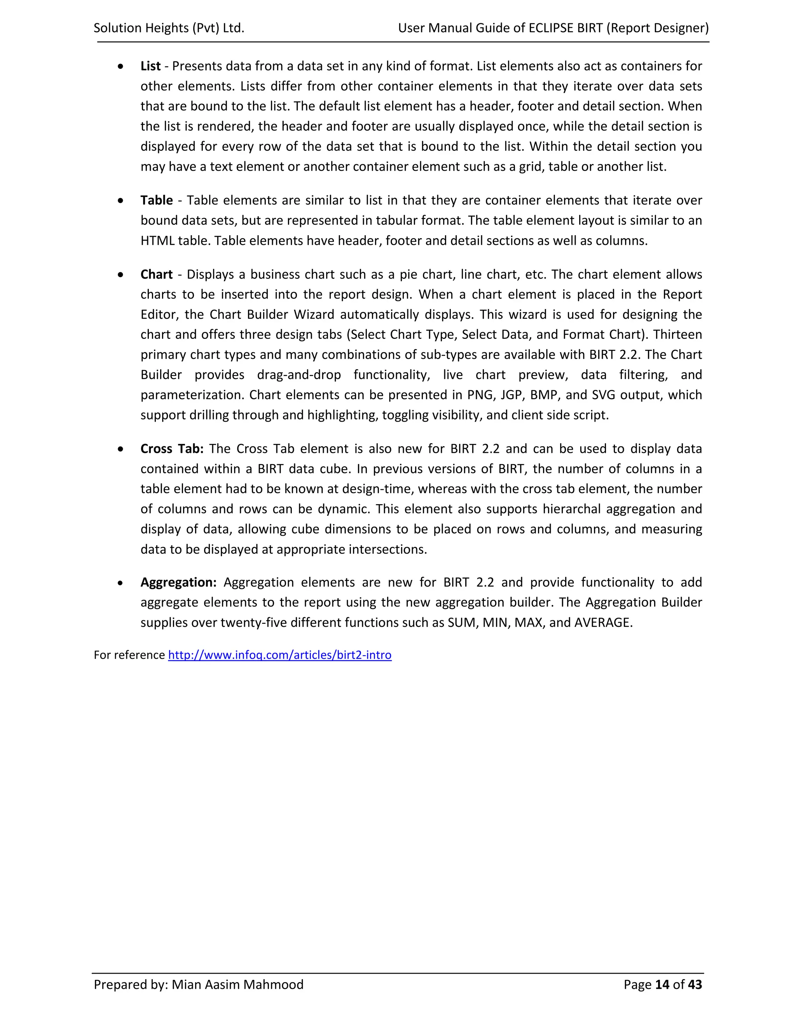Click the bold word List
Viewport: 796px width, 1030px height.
click(x=150, y=66)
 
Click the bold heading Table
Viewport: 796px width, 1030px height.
click(x=157, y=201)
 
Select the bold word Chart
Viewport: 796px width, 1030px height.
click(x=157, y=274)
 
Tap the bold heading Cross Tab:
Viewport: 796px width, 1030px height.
click(x=172, y=449)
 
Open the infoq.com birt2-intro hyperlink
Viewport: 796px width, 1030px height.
click(x=279, y=655)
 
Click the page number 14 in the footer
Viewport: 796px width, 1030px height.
click(x=662, y=985)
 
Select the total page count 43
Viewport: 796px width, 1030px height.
click(x=695, y=985)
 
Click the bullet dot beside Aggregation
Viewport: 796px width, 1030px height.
click(x=121, y=583)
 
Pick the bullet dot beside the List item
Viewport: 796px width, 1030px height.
click(x=121, y=67)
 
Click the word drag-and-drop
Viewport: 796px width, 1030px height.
click(x=298, y=375)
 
